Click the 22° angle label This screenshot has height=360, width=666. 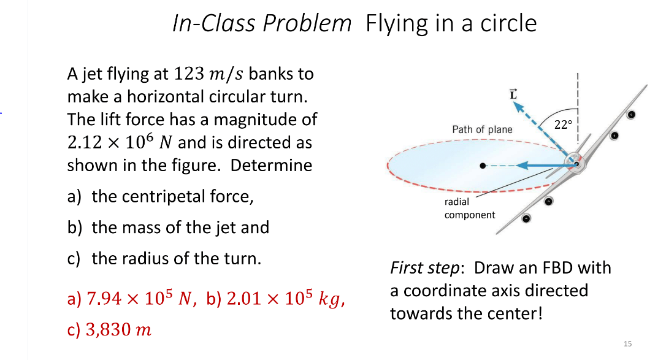[x=562, y=124]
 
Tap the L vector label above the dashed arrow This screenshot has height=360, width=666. [x=514, y=94]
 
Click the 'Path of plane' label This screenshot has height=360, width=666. [x=482, y=129]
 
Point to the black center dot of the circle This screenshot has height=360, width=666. [x=484, y=166]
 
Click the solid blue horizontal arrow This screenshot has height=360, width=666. [x=540, y=165]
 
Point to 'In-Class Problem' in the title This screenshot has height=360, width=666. [x=262, y=23]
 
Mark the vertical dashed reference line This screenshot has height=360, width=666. [x=577, y=110]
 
